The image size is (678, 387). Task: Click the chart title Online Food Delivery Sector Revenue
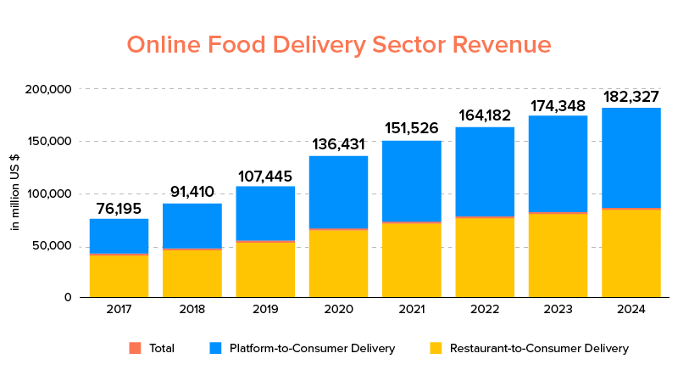point(339,44)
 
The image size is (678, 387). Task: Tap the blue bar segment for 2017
point(119,236)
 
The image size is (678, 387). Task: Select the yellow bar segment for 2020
point(338,263)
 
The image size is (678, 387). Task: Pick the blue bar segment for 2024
point(631,157)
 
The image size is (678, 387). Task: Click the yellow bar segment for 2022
point(485,257)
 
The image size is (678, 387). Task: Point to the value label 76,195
point(119,209)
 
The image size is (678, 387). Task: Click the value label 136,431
point(338,145)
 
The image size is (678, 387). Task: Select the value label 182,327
point(631,97)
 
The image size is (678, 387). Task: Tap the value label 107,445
point(265,177)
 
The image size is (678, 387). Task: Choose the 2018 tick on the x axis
point(192,309)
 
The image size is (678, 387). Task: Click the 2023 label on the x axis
point(558,309)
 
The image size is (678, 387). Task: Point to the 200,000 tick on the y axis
point(49,89)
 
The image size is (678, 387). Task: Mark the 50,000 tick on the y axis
point(53,247)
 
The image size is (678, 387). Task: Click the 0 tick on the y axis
point(69,297)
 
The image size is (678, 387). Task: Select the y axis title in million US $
point(15,193)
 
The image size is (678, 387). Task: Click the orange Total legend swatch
point(135,348)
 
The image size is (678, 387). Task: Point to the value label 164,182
point(485,115)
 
